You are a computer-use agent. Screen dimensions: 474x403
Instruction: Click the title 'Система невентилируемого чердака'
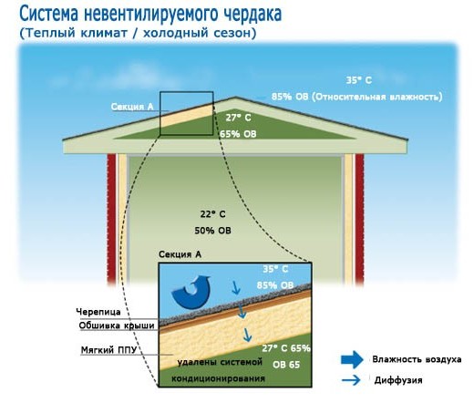click(x=150, y=14)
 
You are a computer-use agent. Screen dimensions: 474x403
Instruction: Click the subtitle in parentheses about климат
click(x=138, y=33)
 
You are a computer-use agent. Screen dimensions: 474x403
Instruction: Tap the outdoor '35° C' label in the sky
click(x=359, y=80)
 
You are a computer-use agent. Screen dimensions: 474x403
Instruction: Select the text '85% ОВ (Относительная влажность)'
click(x=356, y=97)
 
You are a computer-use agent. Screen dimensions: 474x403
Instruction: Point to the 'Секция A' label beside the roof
click(x=132, y=107)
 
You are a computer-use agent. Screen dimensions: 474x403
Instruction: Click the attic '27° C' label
click(x=239, y=118)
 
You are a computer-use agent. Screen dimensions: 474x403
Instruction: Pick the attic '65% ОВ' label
click(x=238, y=134)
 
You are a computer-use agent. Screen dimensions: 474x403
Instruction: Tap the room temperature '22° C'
click(x=212, y=214)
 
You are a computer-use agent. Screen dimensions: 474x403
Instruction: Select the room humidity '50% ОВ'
click(x=212, y=231)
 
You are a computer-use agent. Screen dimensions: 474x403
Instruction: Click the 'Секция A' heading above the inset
click(x=180, y=254)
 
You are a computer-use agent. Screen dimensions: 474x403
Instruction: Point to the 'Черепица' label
click(x=98, y=312)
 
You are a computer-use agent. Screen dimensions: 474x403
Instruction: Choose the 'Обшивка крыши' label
click(x=117, y=325)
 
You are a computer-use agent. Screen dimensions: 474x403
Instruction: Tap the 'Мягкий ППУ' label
click(x=108, y=350)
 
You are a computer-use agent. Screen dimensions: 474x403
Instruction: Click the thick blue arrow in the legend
click(x=352, y=359)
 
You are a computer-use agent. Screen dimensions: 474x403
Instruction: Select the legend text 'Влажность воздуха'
click(x=417, y=359)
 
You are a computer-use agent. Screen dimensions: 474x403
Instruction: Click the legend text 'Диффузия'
click(x=398, y=380)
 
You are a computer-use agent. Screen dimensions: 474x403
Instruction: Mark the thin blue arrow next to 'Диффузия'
click(x=351, y=380)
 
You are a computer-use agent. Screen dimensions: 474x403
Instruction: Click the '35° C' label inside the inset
click(x=275, y=269)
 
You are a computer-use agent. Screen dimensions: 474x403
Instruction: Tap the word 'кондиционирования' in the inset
click(x=218, y=378)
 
